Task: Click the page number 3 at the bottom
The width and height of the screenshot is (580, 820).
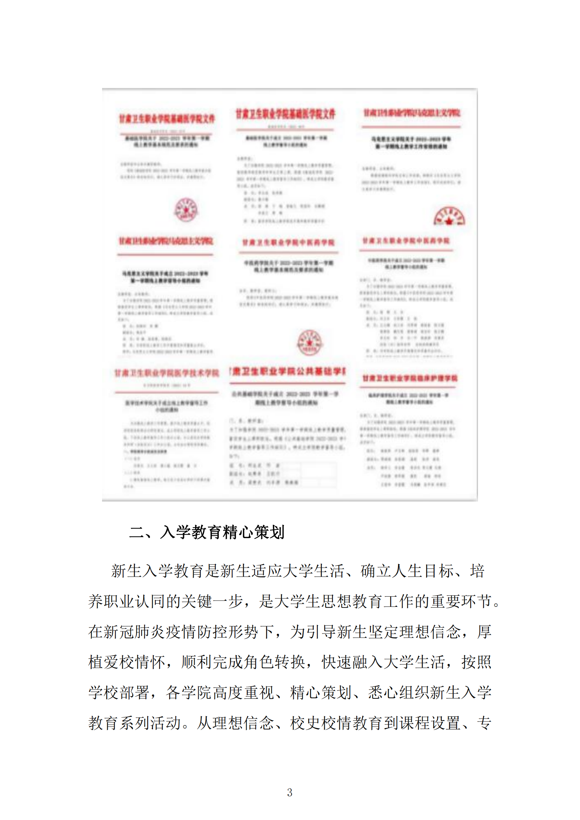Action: (290, 793)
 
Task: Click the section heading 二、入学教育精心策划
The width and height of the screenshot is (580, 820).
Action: (207, 532)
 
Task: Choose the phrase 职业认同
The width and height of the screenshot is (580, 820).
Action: (134, 602)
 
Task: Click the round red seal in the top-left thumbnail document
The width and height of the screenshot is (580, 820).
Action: (186, 210)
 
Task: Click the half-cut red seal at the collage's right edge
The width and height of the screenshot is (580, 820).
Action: (449, 216)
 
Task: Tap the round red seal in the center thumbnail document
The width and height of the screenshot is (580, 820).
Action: (309, 343)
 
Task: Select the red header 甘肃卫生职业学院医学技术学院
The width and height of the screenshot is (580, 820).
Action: (167, 373)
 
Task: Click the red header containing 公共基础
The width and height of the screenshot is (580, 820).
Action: (288, 371)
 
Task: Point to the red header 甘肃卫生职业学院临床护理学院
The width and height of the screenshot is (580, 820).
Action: (410, 378)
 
